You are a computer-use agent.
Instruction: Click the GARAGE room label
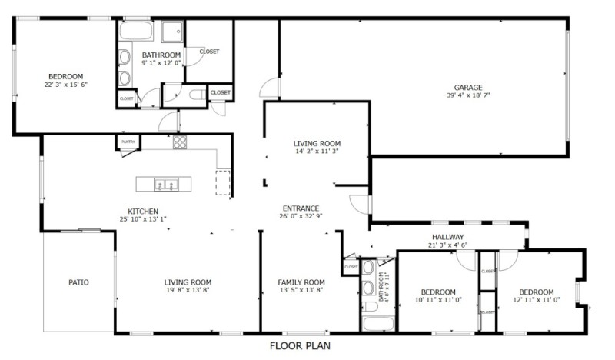pos(468,87)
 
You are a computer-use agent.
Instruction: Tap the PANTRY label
pos(128,142)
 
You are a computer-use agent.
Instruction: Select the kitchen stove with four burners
pos(179,142)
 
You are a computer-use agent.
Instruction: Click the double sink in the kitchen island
pos(166,184)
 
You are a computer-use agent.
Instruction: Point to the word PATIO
pos(78,282)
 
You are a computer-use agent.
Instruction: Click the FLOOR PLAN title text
pos(299,346)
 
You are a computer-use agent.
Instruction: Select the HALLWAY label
pos(447,237)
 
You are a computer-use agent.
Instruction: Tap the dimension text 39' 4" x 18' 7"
pos(468,95)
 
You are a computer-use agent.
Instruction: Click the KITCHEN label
pos(143,211)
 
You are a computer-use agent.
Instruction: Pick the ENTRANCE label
pos(301,208)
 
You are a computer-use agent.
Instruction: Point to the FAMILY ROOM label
pos(301,282)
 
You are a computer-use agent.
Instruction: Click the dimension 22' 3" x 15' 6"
pos(65,85)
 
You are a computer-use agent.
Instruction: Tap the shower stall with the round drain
pos(172,32)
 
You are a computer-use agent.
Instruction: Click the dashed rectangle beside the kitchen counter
pos(223,182)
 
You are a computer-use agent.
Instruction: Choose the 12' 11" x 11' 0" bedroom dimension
pos(536,300)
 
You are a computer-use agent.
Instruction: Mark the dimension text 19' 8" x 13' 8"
pos(188,291)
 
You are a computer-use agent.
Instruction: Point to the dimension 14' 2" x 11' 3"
pos(317,152)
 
